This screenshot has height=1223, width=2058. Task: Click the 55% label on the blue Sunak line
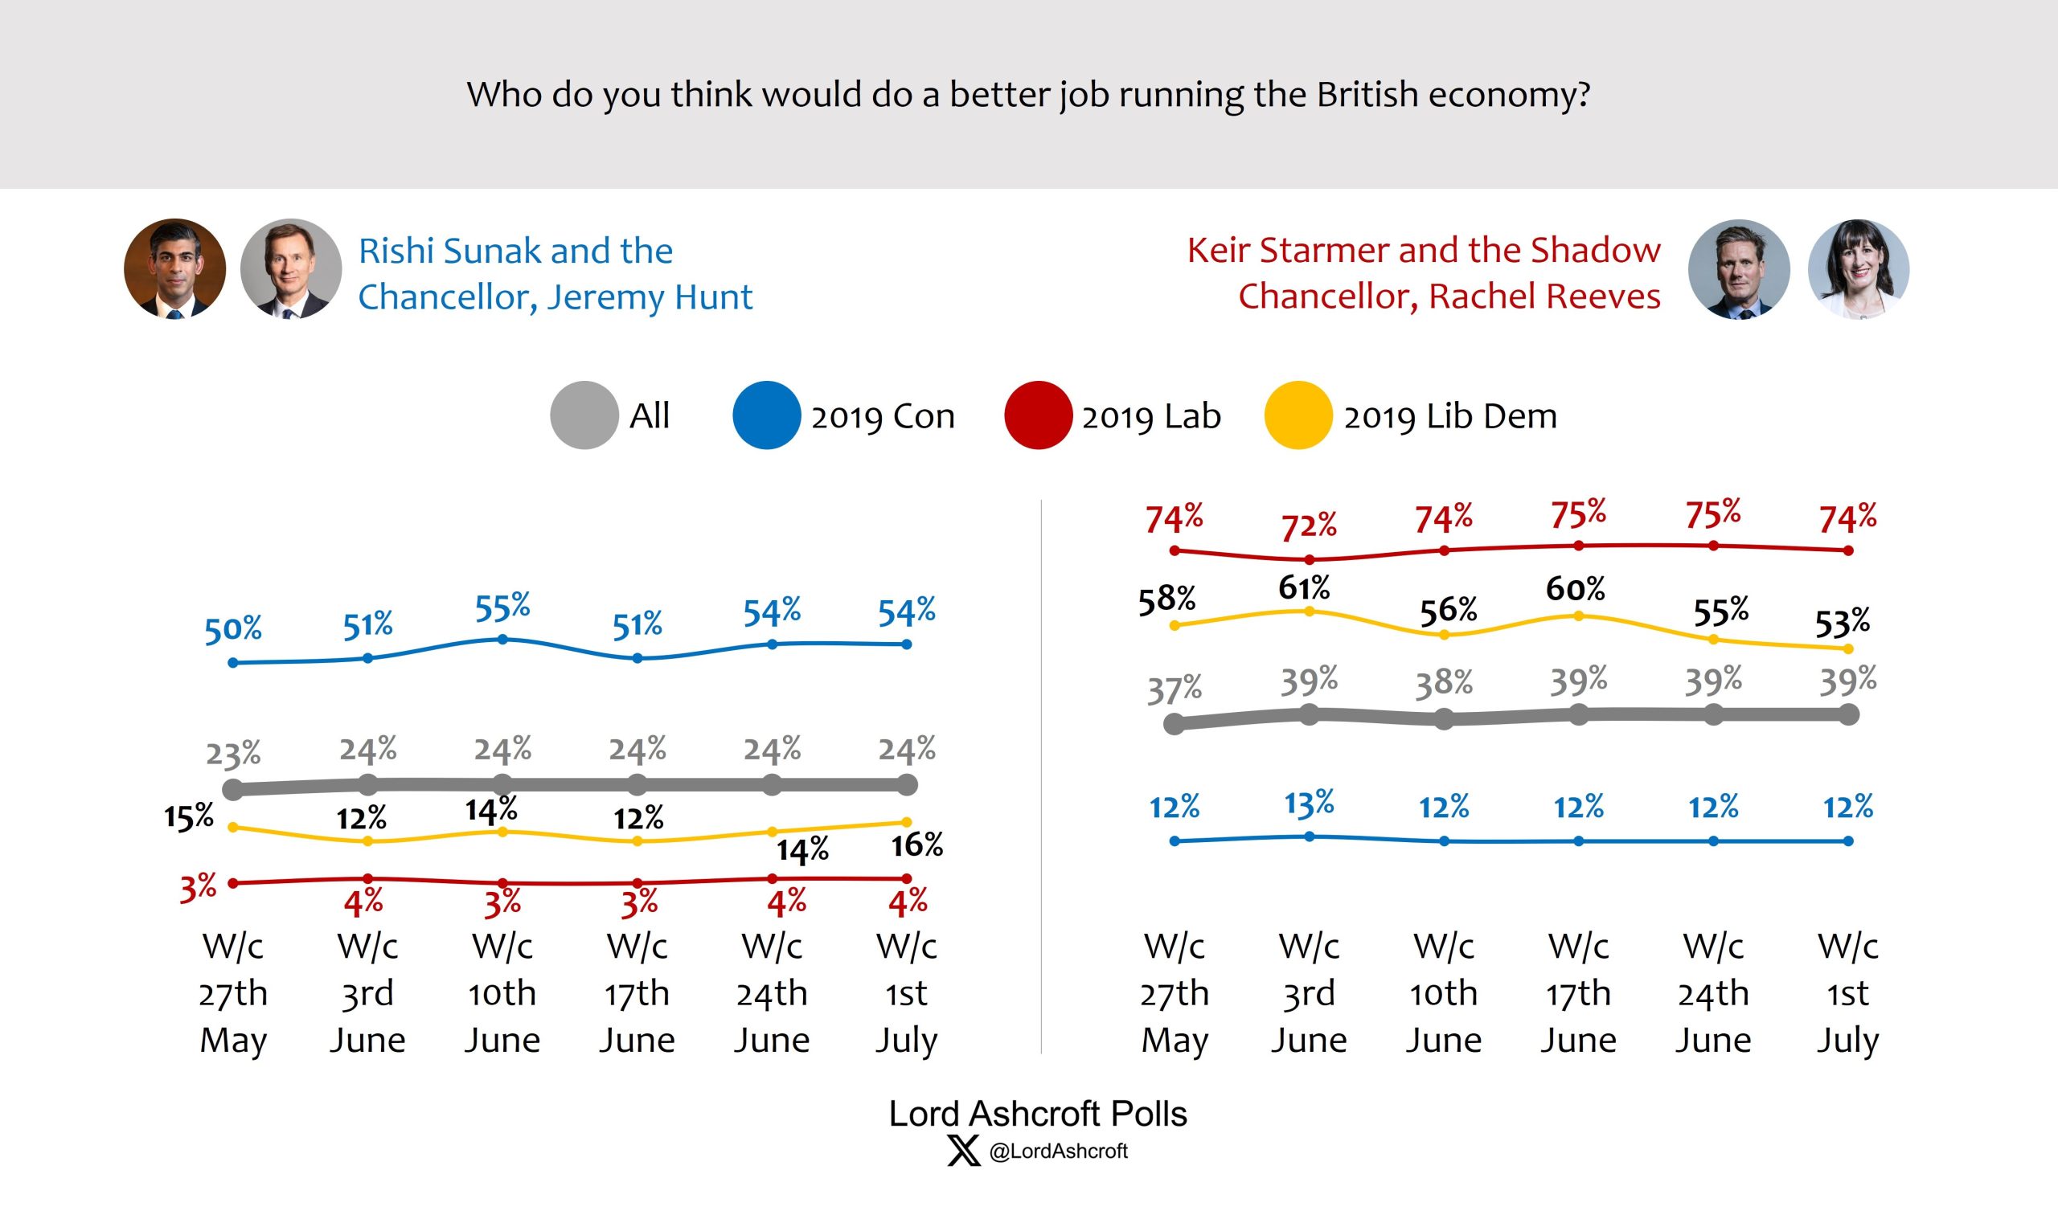pyautogui.click(x=502, y=607)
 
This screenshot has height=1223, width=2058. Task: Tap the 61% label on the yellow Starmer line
pyautogui.click(x=1305, y=588)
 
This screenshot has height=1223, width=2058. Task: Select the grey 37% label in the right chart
pyautogui.click(x=1175, y=689)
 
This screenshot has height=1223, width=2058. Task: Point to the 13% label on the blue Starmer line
pyautogui.click(x=1310, y=804)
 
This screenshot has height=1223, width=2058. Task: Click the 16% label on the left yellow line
pyautogui.click(x=917, y=845)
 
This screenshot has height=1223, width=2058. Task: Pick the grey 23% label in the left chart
pyautogui.click(x=233, y=754)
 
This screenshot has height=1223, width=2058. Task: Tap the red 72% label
pyautogui.click(x=1309, y=526)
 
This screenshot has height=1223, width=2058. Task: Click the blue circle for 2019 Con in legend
pyautogui.click(x=766, y=415)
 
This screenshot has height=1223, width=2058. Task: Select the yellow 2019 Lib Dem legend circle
pyautogui.click(x=1298, y=415)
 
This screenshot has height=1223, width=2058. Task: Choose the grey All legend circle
pyautogui.click(x=584, y=415)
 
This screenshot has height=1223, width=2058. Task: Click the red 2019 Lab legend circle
pyautogui.click(x=1038, y=415)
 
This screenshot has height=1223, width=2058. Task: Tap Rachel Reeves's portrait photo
pyautogui.click(x=1858, y=269)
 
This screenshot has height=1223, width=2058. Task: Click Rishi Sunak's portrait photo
pyautogui.click(x=174, y=268)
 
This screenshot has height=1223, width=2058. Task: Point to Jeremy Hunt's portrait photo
pyautogui.click(x=290, y=268)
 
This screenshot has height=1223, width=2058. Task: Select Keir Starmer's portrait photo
pyautogui.click(x=1739, y=269)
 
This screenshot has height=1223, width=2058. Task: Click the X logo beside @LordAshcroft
pyautogui.click(x=963, y=1151)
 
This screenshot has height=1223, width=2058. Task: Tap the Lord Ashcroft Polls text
pyautogui.click(x=1037, y=1115)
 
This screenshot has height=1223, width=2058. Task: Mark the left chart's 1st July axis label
pyautogui.click(x=906, y=993)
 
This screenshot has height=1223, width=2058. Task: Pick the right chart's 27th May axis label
pyautogui.click(x=1175, y=993)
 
